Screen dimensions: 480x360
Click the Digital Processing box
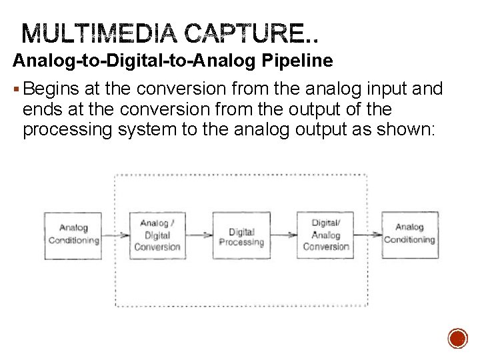tap(241, 236)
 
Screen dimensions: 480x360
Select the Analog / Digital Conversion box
tap(157, 235)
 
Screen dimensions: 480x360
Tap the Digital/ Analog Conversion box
tap(326, 235)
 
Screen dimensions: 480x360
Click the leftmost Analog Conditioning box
tap(73, 235)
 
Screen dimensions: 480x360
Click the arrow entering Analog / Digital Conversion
tap(116, 235)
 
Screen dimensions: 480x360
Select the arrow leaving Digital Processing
tap(284, 235)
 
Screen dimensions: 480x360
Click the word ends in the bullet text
tap(40, 109)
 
